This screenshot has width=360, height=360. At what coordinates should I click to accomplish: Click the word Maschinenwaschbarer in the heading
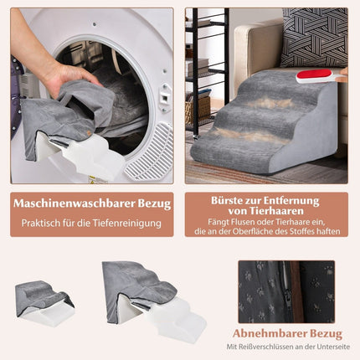(x=75, y=203)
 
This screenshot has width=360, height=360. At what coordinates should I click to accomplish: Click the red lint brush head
(x=314, y=75)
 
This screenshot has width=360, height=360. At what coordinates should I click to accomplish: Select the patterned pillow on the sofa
(x=314, y=38)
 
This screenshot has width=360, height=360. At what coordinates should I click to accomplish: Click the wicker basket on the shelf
(x=198, y=110)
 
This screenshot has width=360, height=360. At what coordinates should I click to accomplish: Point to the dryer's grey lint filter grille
(x=149, y=152)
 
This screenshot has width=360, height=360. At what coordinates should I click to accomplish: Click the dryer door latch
(x=165, y=98)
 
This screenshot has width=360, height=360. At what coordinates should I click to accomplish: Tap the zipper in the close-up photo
(x=286, y=291)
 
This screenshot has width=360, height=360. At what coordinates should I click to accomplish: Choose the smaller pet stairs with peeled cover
(x=44, y=303)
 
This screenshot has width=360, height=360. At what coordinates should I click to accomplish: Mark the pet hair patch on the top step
(x=270, y=103)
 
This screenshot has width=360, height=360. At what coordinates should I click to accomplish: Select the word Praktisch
(x=41, y=224)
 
